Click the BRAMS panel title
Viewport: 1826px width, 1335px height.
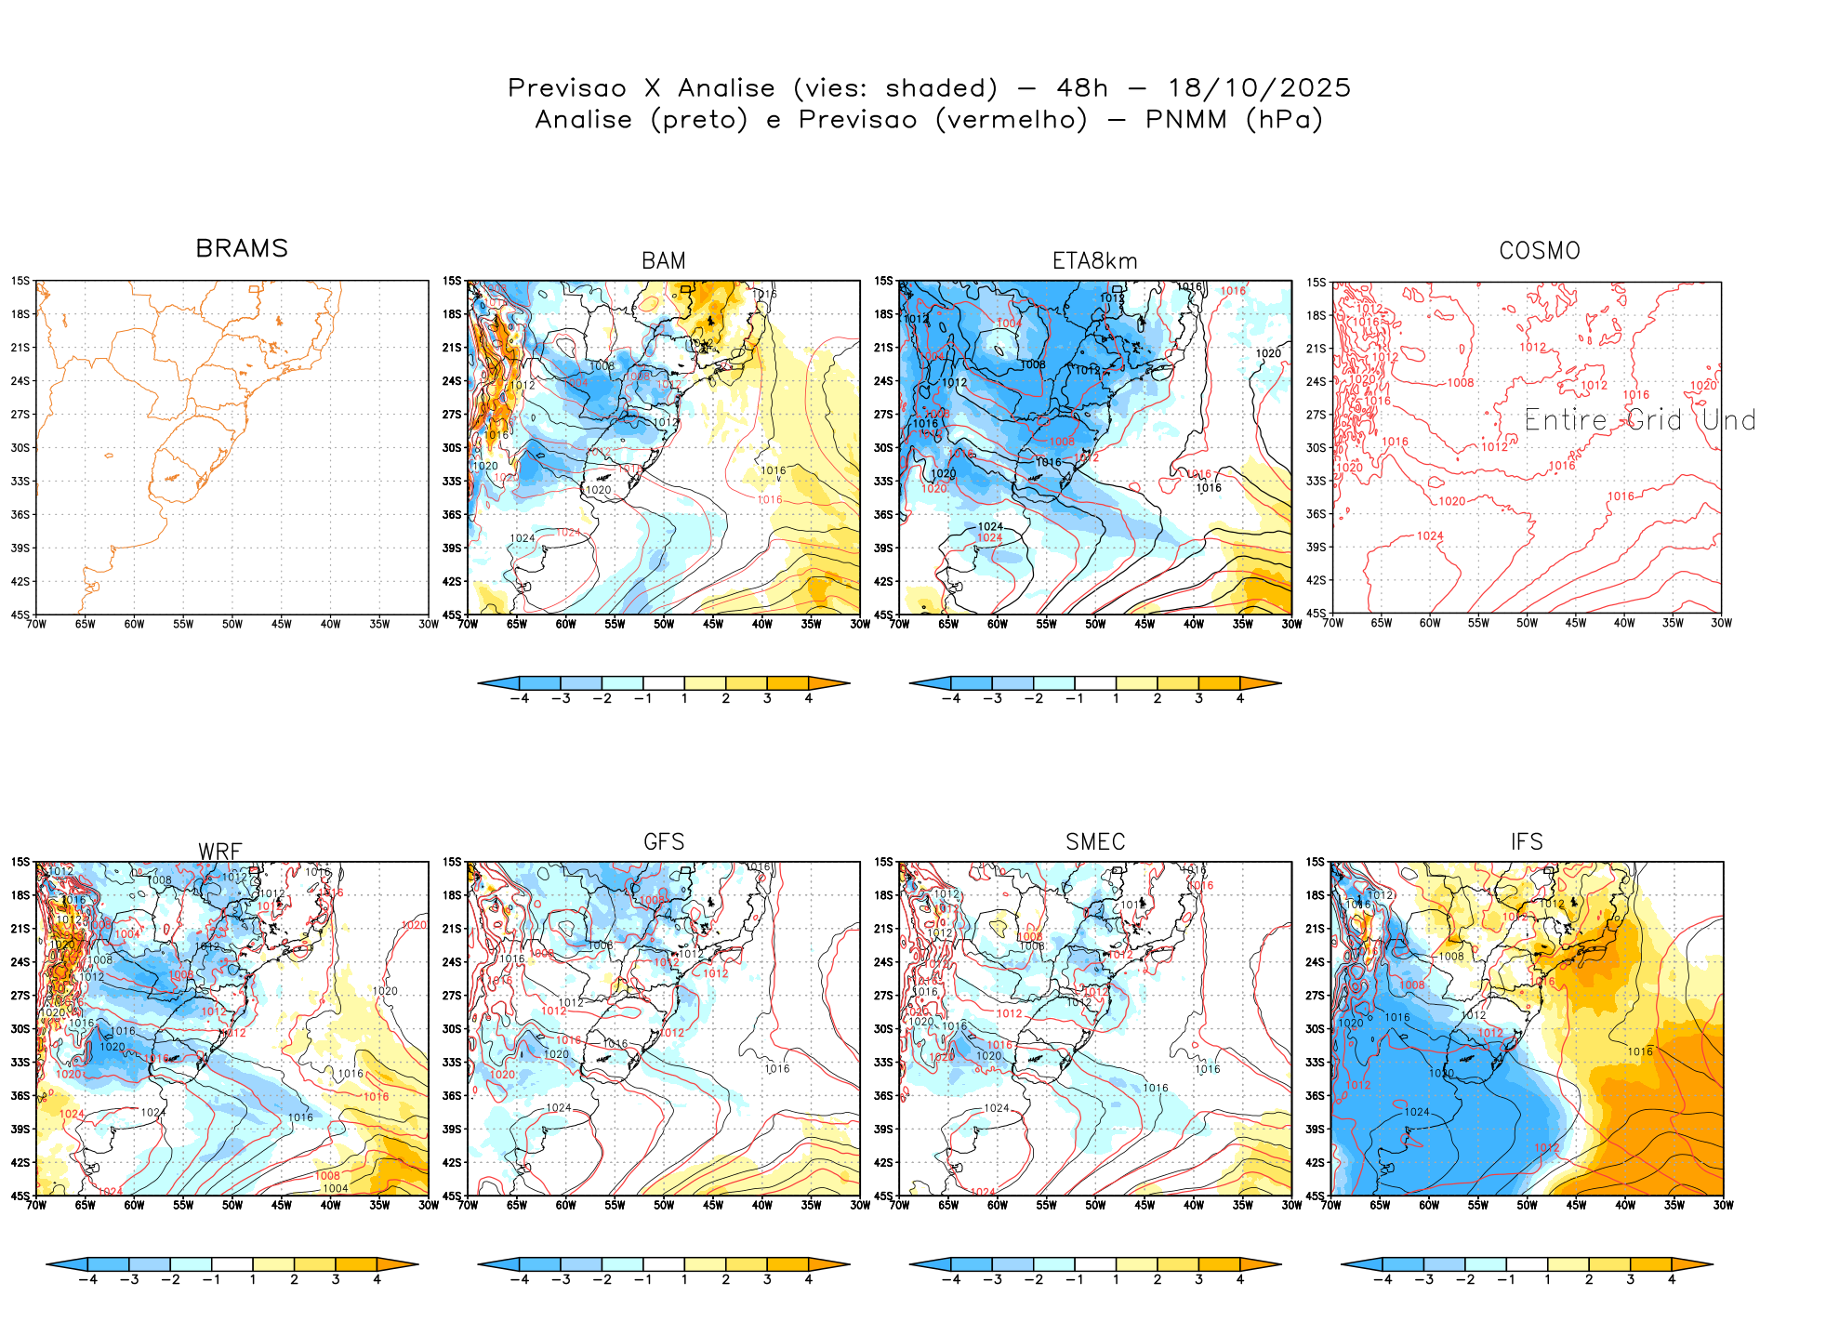242,249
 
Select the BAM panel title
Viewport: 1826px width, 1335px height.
664,261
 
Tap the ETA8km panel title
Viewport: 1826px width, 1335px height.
1094,261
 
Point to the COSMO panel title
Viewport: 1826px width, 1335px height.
1540,251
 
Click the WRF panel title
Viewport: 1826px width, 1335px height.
220,852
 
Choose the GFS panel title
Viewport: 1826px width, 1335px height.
664,842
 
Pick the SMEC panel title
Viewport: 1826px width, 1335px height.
1095,842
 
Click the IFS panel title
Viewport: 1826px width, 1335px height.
1527,842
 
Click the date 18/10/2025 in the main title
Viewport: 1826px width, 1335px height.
1259,88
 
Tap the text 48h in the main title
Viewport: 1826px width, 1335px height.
1082,88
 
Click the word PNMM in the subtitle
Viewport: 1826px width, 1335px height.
1185,120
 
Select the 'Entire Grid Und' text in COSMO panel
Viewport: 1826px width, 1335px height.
1640,420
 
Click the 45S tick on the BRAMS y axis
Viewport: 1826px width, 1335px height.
20,615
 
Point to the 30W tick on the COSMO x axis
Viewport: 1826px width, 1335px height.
1721,623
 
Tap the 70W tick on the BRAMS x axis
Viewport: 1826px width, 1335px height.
37,624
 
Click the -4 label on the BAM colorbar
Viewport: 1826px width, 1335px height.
520,698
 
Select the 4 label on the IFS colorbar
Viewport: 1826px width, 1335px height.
1671,1279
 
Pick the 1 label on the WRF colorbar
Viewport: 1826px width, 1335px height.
253,1279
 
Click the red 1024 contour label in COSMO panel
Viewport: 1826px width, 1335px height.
1430,535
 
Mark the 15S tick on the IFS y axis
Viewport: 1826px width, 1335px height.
1315,862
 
